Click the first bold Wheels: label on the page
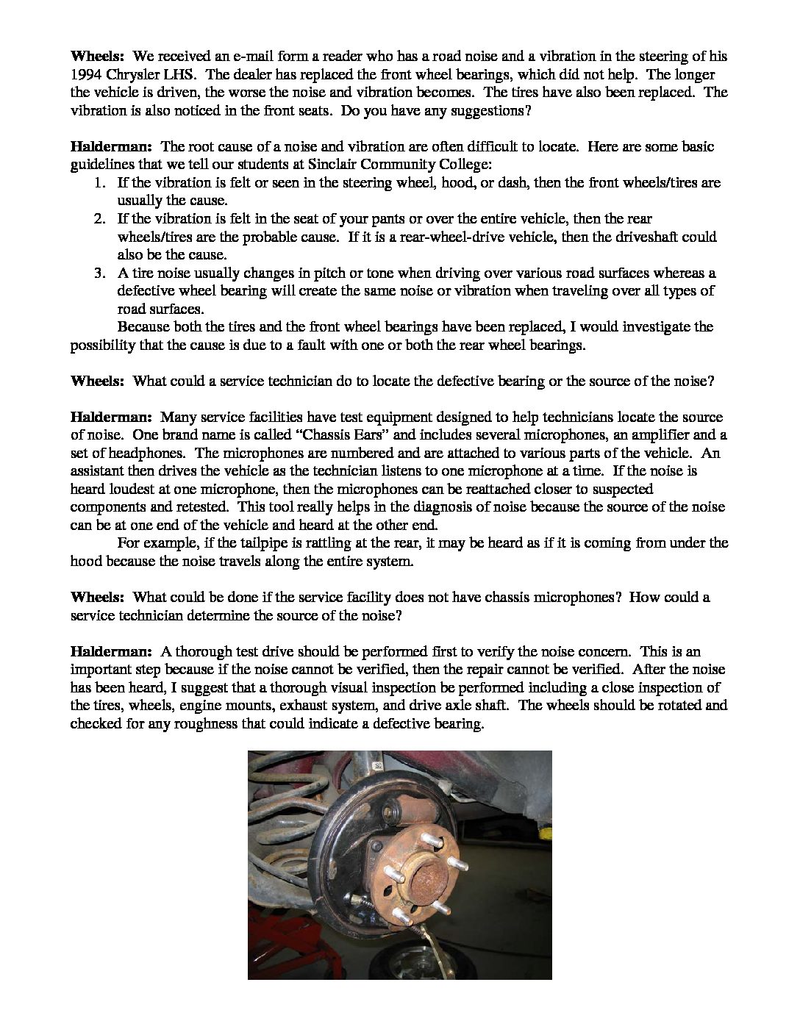click(97, 57)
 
